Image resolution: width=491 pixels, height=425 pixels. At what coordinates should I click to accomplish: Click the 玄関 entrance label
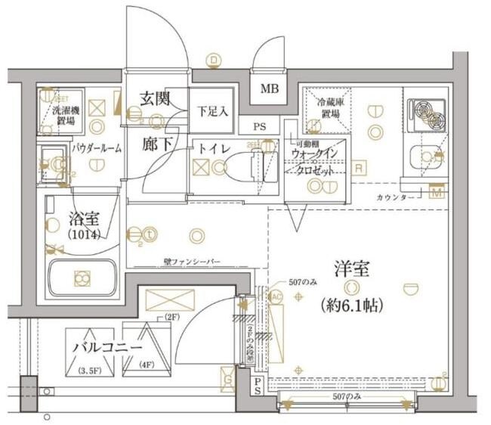(154, 98)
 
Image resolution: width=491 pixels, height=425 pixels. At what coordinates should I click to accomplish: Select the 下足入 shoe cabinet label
(212, 111)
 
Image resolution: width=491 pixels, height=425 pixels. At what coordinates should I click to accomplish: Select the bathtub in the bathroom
(81, 278)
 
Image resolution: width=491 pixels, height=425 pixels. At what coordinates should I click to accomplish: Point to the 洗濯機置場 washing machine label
(63, 115)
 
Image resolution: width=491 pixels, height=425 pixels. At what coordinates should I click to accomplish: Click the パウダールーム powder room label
(97, 149)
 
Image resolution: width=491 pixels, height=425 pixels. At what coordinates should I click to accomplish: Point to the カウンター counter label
(395, 197)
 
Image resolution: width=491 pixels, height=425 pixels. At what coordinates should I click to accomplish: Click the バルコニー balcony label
(107, 347)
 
